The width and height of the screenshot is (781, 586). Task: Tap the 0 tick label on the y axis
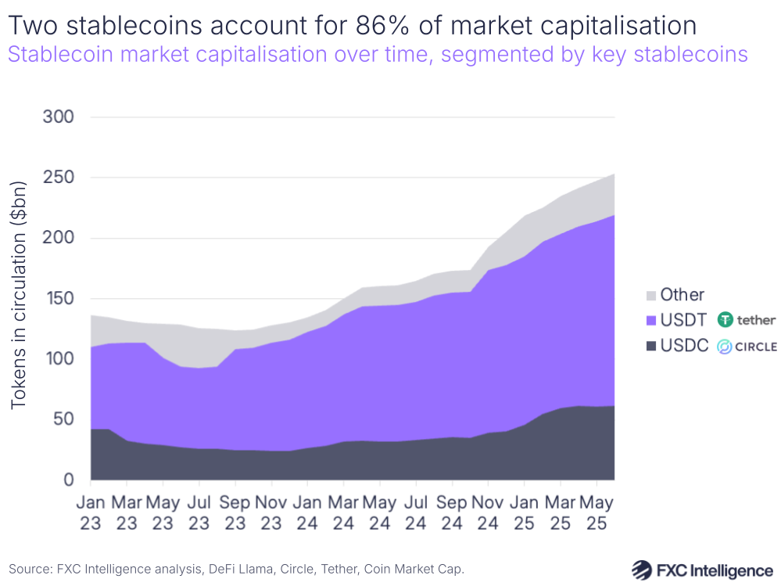coord(68,480)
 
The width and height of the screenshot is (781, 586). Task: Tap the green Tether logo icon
coord(726,320)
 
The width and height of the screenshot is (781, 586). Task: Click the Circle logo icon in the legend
coord(725,346)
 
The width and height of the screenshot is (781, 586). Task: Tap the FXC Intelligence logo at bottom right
coord(702,569)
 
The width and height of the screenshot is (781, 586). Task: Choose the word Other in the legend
coord(682,295)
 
